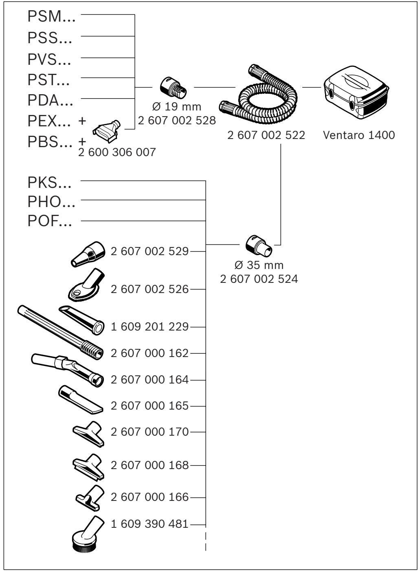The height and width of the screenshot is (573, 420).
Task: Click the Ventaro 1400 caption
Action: (x=358, y=135)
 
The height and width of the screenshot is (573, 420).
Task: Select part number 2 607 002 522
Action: (x=266, y=135)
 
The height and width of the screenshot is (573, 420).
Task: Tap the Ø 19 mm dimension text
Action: (x=176, y=107)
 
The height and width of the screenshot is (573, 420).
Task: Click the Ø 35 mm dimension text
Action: (x=259, y=265)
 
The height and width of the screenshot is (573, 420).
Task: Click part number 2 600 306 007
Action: (x=117, y=152)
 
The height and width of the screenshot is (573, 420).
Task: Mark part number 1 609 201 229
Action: (x=150, y=327)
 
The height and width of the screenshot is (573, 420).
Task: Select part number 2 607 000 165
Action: (x=150, y=406)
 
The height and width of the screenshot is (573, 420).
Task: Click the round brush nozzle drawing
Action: (x=87, y=534)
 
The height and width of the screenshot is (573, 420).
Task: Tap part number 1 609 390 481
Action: (x=150, y=524)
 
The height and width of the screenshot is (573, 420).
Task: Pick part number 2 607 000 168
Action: (x=150, y=465)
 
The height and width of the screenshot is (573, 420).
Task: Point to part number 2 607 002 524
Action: (x=259, y=279)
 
